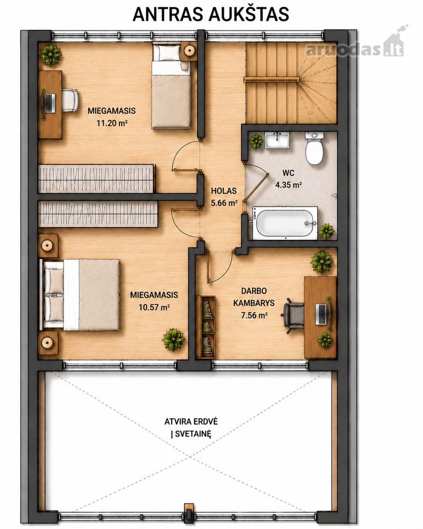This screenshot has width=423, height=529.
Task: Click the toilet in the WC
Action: [314, 149]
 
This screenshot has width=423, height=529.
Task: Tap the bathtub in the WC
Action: [285, 223]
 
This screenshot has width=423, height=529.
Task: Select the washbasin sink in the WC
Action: [277, 140]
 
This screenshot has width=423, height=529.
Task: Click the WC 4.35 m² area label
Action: [288, 179]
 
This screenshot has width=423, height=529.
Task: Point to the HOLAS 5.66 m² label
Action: [224, 197]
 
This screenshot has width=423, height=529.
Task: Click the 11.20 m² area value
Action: [112, 123]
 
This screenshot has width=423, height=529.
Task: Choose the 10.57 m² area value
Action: [154, 307]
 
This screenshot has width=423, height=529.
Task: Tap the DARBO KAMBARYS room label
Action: [254, 297]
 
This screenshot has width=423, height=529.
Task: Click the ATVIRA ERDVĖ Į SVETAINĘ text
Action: [191, 427]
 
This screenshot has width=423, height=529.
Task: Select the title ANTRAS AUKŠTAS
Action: [211, 14]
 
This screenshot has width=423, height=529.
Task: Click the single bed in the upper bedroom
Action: [171, 86]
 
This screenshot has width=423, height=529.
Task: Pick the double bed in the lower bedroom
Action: [80, 294]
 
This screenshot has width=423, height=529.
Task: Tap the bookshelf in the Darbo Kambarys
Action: [206, 327]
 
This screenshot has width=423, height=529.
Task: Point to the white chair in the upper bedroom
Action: [70, 100]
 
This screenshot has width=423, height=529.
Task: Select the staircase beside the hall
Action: [291, 83]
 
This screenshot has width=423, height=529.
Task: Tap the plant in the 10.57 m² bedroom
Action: [173, 339]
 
